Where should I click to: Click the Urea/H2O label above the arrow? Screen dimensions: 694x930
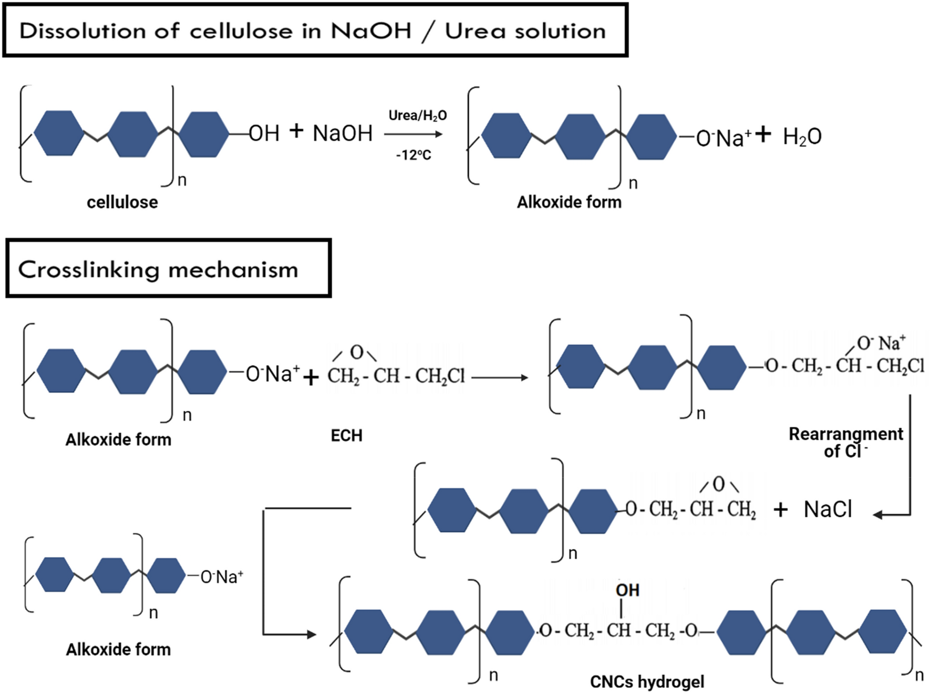click(417, 116)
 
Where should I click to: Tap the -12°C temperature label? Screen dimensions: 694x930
click(414, 155)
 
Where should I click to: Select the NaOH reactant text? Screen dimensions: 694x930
click(343, 134)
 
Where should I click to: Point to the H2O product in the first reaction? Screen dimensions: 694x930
click(802, 137)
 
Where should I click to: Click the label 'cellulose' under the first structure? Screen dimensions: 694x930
click(122, 202)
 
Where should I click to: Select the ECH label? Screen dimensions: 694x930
click(346, 436)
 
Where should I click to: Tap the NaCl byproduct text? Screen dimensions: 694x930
click(828, 509)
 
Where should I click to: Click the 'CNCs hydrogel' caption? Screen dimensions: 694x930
click(647, 682)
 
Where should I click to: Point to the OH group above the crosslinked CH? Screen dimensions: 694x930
click(627, 590)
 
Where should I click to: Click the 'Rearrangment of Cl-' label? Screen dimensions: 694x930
click(845, 442)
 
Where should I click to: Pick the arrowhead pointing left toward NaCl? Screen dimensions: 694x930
click(879, 515)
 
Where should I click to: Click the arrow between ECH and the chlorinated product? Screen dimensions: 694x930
click(499, 377)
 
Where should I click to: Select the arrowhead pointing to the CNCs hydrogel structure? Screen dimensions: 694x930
click(311, 635)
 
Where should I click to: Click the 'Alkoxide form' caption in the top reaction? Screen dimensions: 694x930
click(569, 202)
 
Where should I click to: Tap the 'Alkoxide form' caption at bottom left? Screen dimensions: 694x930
click(118, 650)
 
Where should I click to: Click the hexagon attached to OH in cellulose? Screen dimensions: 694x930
click(203, 134)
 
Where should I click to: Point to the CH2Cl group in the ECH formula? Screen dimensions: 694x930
click(440, 376)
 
